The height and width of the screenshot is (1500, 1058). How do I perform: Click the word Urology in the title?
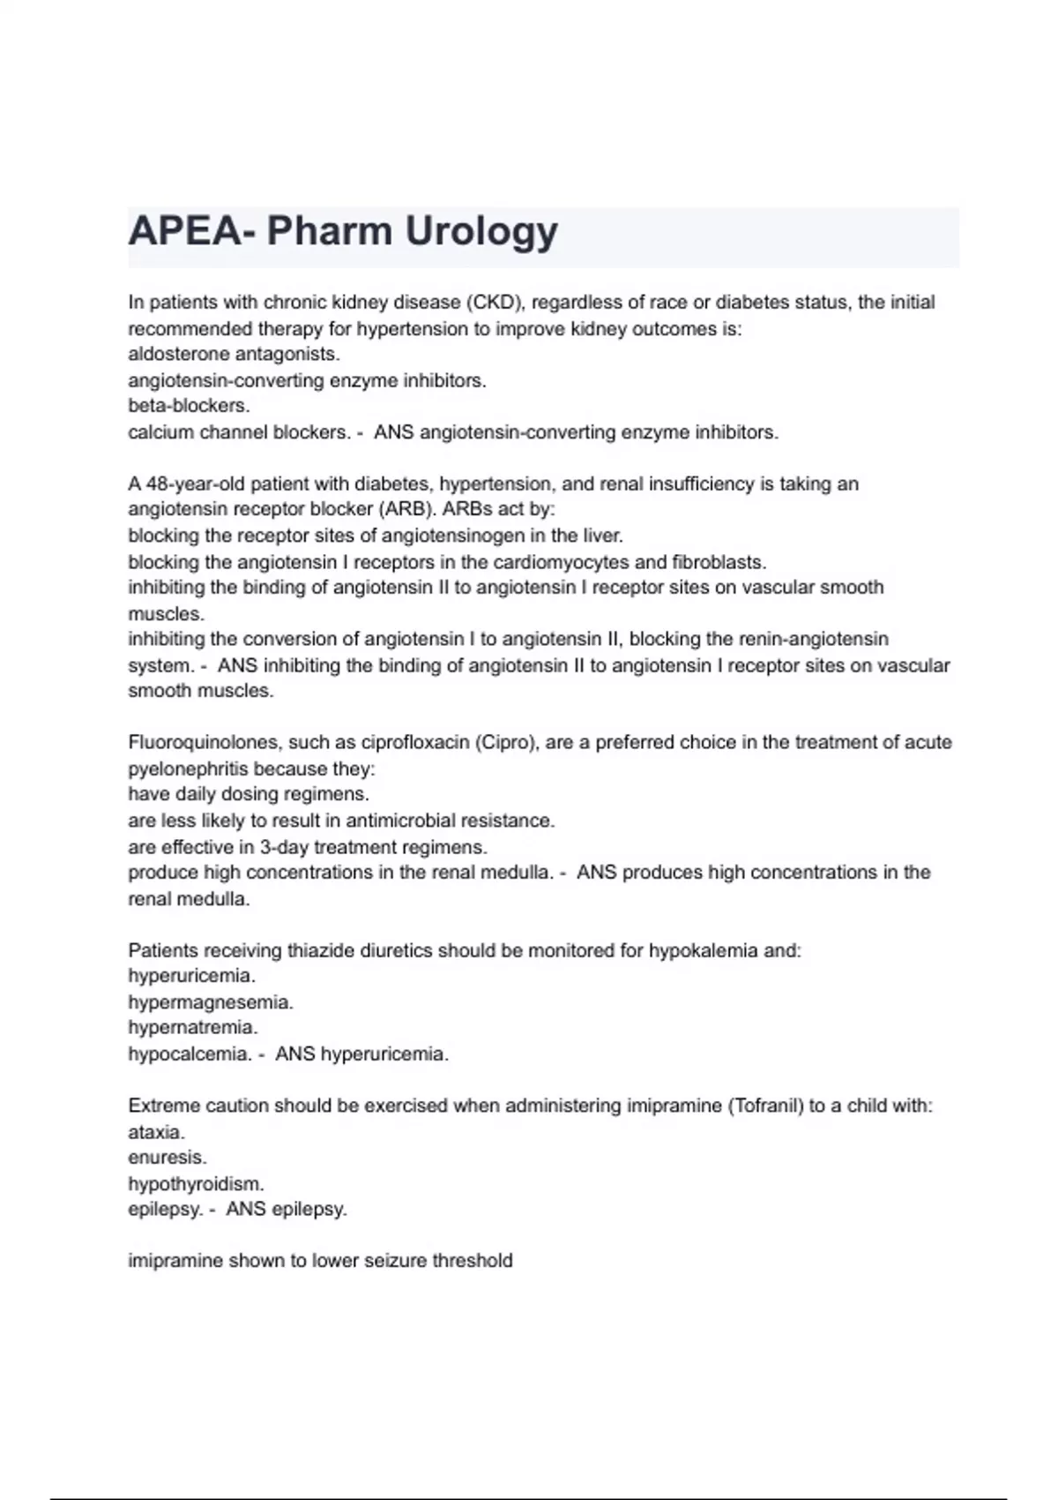[x=481, y=232]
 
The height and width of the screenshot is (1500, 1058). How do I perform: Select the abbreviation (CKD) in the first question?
[x=495, y=303]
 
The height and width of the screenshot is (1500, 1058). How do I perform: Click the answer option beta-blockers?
[x=189, y=406]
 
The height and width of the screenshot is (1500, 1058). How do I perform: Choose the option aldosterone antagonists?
[x=234, y=354]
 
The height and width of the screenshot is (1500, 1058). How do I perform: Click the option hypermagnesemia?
[x=211, y=1002]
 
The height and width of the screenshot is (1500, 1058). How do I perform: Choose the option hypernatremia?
[x=193, y=1028]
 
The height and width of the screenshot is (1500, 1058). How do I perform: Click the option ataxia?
[x=156, y=1132]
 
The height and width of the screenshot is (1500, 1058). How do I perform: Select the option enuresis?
[x=167, y=1158]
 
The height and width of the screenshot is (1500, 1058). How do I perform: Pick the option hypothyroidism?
[x=196, y=1184]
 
